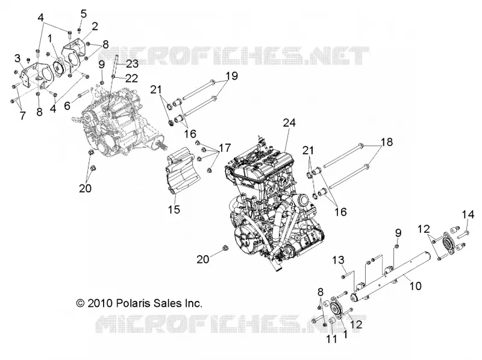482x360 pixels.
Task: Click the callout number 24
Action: [x=289, y=123]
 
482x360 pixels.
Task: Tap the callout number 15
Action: [x=174, y=209]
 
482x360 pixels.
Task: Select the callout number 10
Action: [x=415, y=286]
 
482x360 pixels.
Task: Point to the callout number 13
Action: [x=338, y=261]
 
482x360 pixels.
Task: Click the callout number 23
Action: [x=132, y=64]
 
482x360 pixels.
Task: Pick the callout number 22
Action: [x=131, y=78]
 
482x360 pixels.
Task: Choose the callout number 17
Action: [x=225, y=148]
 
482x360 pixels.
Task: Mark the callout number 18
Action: [x=387, y=142]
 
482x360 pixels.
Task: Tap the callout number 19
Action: [x=232, y=76]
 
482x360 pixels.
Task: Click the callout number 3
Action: [x=17, y=58]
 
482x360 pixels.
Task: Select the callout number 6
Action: [x=67, y=106]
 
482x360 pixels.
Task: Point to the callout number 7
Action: [x=22, y=116]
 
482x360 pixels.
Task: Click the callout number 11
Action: [x=331, y=339]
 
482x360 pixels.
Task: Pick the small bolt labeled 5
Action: [x=79, y=30]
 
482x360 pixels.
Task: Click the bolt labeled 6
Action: [x=83, y=93]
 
